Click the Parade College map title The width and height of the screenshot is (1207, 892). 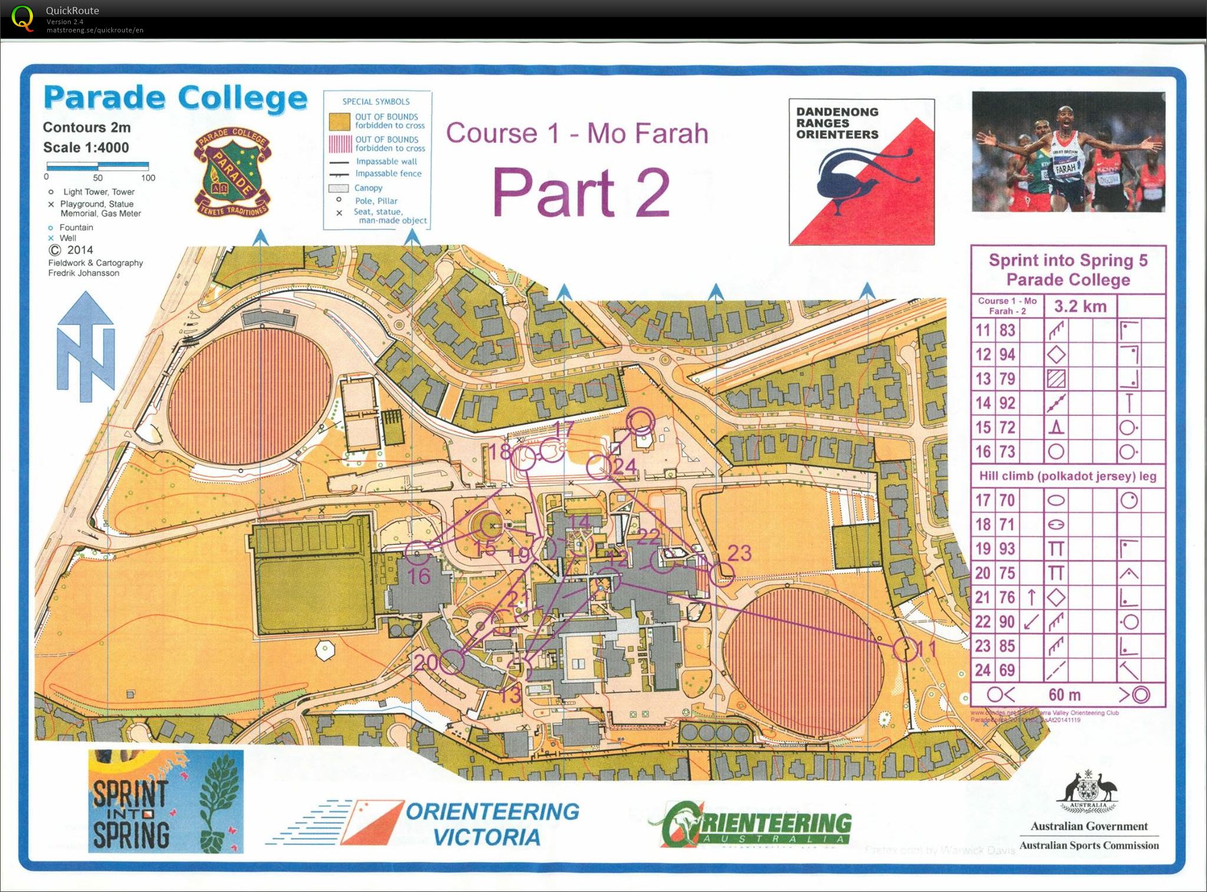pyautogui.click(x=175, y=98)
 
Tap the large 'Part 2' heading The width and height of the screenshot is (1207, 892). pyautogui.click(x=581, y=192)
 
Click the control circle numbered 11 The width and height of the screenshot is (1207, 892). pyautogui.click(x=905, y=649)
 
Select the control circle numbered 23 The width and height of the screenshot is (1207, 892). pyautogui.click(x=722, y=574)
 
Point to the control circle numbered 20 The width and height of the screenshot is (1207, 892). pyautogui.click(x=452, y=662)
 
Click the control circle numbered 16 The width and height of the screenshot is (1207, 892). pyautogui.click(x=417, y=552)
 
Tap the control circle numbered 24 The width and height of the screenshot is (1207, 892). pyautogui.click(x=599, y=467)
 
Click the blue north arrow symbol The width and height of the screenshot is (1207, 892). pyautogui.click(x=85, y=348)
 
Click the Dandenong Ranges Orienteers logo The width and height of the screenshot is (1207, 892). pyautogui.click(x=861, y=172)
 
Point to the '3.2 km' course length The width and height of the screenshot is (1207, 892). pyautogui.click(x=1080, y=306)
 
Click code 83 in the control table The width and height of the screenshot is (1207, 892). pyautogui.click(x=1007, y=330)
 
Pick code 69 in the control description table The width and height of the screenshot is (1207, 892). pyautogui.click(x=1007, y=670)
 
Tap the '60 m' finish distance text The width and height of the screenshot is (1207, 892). pyautogui.click(x=1065, y=695)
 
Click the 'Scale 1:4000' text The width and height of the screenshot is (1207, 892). pyautogui.click(x=86, y=147)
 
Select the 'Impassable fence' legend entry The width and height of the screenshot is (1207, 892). pyautogui.click(x=388, y=174)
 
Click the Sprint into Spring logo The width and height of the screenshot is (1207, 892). pyautogui.click(x=165, y=801)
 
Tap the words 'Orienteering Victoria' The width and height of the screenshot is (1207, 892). pyautogui.click(x=492, y=824)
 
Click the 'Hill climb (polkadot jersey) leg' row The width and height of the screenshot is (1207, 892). pyautogui.click(x=1067, y=476)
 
